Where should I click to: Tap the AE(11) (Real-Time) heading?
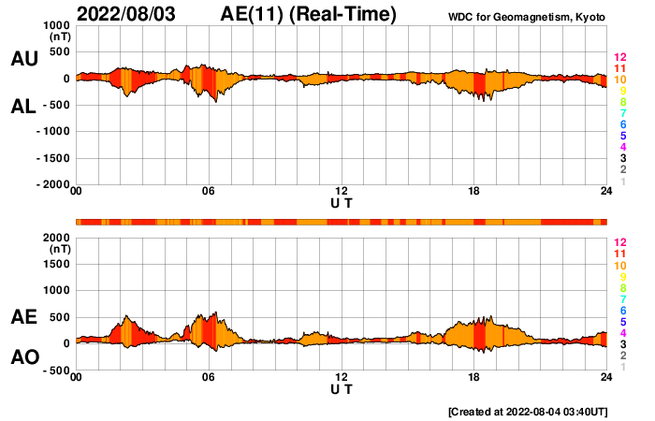[x=309, y=14]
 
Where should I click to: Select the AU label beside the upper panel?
[x=24, y=59]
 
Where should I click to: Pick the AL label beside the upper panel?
[x=24, y=107]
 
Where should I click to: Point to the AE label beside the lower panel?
[x=24, y=318]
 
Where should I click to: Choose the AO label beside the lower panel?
[x=24, y=357]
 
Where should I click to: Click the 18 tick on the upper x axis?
[x=474, y=191]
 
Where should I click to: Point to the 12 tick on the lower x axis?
[x=342, y=377]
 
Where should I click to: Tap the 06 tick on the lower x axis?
[x=209, y=377]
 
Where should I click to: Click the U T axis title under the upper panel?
[x=342, y=202]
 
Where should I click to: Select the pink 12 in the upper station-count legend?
[x=619, y=58]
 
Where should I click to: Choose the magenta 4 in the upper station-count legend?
[x=620, y=148]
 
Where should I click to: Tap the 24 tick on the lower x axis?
[x=606, y=377]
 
